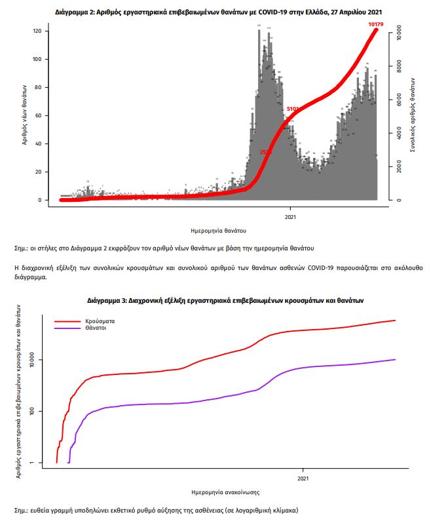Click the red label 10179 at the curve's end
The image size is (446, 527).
pyautogui.click(x=375, y=24)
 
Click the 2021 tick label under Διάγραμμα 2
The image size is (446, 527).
pyautogui.click(x=290, y=216)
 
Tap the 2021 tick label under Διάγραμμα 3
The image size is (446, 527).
pyautogui.click(x=303, y=478)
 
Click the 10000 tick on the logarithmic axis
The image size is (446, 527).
pyautogui.click(x=36, y=360)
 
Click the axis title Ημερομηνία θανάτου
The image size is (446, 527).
pyautogui.click(x=219, y=230)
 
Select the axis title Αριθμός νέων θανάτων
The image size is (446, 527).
pyautogui.click(x=24, y=115)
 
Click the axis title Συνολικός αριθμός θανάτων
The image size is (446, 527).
pyautogui.click(x=414, y=115)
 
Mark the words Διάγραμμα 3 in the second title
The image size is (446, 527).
pyautogui.click(x=107, y=300)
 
